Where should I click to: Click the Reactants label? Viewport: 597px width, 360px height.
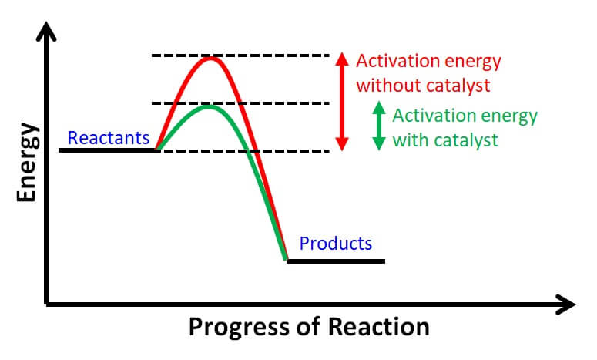point(108,138)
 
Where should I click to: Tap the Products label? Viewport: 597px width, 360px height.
point(335,244)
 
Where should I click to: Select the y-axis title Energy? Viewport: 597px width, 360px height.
point(28,162)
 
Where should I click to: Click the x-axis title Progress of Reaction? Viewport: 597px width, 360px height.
point(309,326)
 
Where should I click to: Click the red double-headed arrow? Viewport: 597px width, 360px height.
point(342,102)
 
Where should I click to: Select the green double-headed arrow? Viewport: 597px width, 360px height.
point(378,126)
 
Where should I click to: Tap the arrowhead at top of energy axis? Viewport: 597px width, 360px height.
point(48,31)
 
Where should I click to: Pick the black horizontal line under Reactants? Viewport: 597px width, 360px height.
point(108,150)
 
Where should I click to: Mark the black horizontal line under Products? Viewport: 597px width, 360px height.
point(335,261)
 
